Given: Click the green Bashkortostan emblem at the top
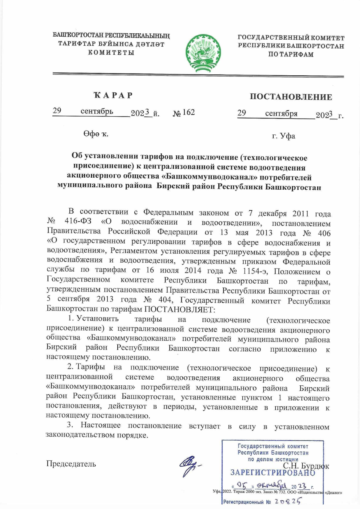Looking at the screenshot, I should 203,53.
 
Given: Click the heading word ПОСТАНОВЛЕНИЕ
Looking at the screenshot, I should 291,97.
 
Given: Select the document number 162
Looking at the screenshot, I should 188,112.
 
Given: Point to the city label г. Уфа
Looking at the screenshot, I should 283,136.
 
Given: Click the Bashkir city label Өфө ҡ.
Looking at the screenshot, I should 96,134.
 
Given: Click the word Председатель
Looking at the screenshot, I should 71,464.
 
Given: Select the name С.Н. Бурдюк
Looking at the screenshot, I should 306,466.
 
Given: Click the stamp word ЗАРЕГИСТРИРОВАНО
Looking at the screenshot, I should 273,473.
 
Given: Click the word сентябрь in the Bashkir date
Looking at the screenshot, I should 97,111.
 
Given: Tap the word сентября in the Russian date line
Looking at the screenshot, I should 281,114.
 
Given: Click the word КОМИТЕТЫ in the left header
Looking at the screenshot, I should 111,53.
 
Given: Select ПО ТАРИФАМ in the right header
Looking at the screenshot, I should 291,55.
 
